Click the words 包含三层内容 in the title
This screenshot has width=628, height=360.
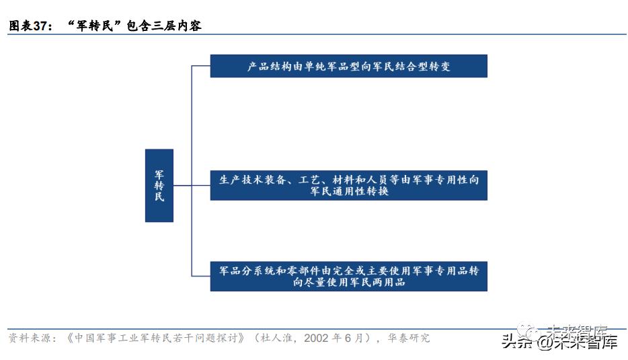pos(164,26)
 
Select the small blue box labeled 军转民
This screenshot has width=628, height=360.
pos(159,185)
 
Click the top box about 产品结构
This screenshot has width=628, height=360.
pos(348,66)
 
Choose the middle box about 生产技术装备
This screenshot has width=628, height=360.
pos(348,185)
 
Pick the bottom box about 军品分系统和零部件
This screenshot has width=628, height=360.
pos(348,276)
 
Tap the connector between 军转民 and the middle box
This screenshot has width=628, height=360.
pos(192,185)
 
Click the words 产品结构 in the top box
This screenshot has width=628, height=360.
pos(267,67)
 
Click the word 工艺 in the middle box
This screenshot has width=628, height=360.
pos(314,180)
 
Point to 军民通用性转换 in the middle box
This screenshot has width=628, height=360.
pos(349,192)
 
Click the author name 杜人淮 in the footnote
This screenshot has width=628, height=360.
pos(278,338)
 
